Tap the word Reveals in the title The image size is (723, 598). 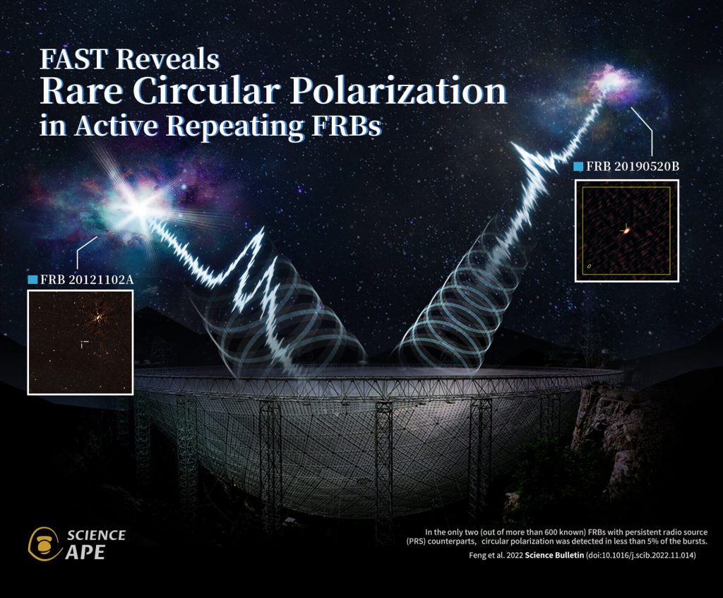[x=167, y=59]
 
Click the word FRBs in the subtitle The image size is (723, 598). [x=347, y=125]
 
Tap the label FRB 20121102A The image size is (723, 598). [x=87, y=280]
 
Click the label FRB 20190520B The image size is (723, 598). [x=633, y=167]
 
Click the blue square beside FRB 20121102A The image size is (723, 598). [x=32, y=280]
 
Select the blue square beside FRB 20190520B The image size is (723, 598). [x=578, y=167]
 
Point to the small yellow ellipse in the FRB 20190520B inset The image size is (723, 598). [x=590, y=266]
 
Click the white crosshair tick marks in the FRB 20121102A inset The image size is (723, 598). [x=84, y=344]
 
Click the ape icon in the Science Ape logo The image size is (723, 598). [x=44, y=544]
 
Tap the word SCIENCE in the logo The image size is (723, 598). [x=96, y=535]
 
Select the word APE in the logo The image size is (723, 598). [x=85, y=552]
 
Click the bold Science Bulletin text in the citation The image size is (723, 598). [x=554, y=555]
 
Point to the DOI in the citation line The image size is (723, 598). [x=641, y=555]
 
